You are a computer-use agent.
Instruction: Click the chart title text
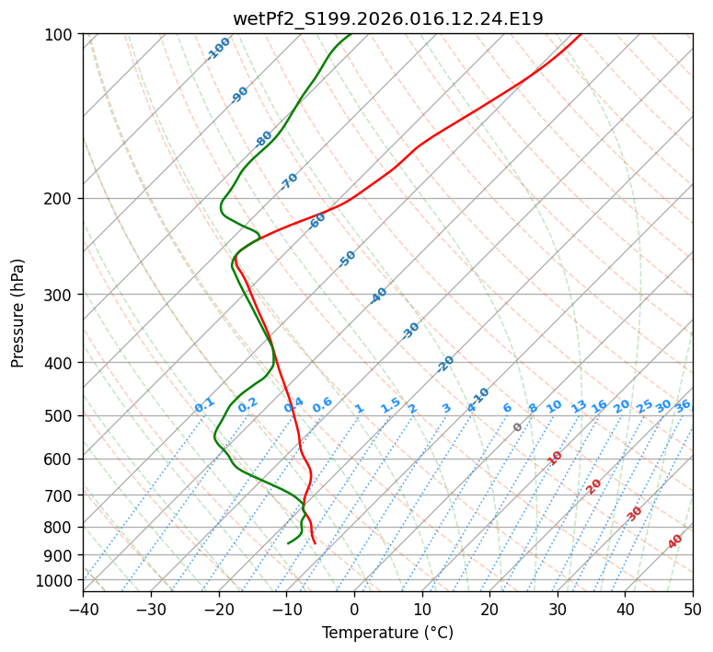click(387, 18)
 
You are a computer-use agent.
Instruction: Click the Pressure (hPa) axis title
click(18, 312)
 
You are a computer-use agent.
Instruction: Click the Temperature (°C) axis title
click(387, 633)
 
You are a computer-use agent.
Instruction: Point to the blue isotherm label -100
click(219, 49)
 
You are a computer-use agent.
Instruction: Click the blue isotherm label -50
click(347, 259)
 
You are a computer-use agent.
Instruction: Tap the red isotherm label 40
click(675, 541)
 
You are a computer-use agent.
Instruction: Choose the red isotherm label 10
click(555, 458)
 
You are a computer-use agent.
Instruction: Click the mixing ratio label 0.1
click(204, 405)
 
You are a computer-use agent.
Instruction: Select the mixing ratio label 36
click(683, 406)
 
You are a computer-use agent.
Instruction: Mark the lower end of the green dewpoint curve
click(288, 543)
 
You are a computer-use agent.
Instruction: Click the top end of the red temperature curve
click(581, 34)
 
